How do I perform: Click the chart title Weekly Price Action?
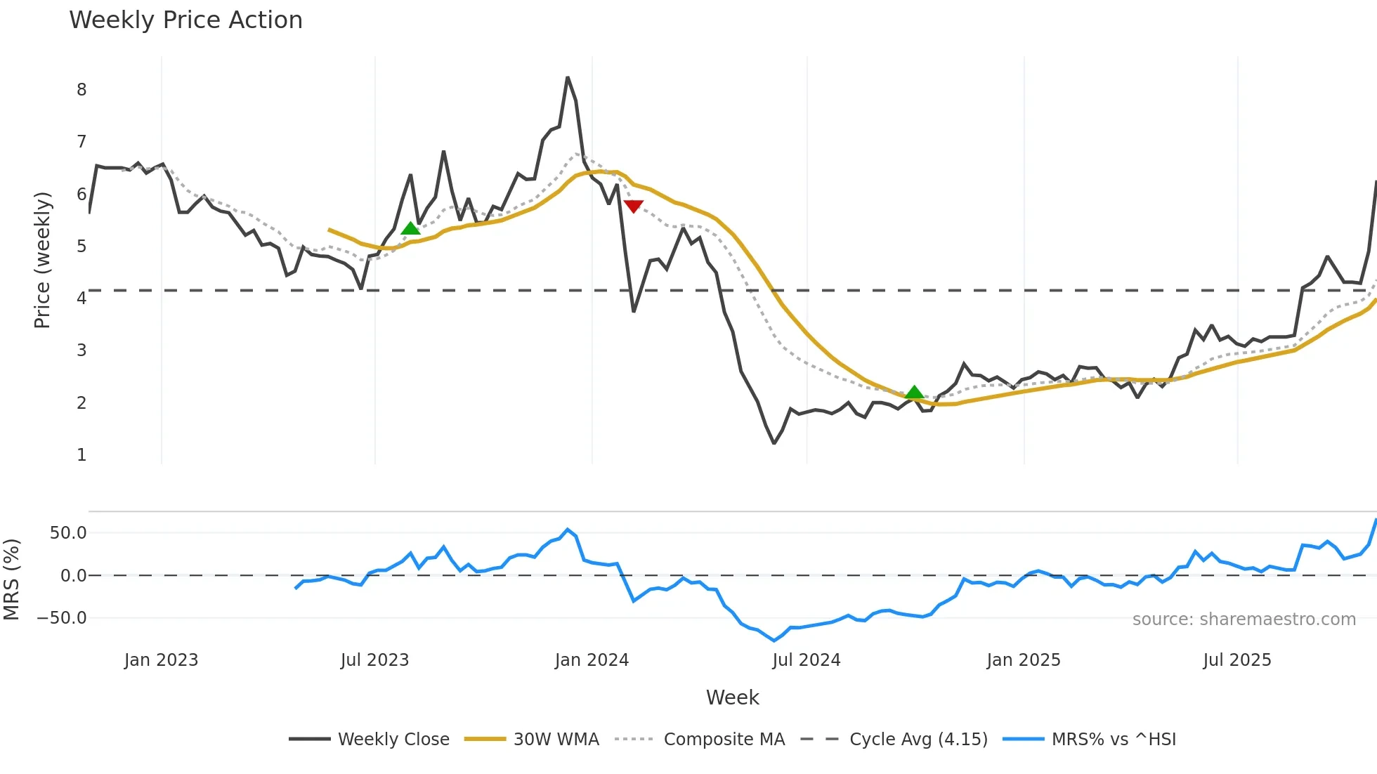pyautogui.click(x=185, y=20)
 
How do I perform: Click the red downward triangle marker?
pyautogui.click(x=633, y=206)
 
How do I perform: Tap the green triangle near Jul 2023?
pyautogui.click(x=410, y=228)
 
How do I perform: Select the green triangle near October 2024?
pyautogui.click(x=914, y=392)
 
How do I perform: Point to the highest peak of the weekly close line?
pyautogui.click(x=568, y=77)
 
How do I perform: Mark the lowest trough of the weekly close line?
pyautogui.click(x=774, y=443)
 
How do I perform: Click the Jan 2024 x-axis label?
pyautogui.click(x=592, y=660)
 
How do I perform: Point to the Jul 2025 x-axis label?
pyautogui.click(x=1237, y=660)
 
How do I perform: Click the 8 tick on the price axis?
pyautogui.click(x=81, y=90)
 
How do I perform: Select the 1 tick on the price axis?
pyautogui.click(x=81, y=455)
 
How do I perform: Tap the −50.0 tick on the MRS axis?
pyautogui.click(x=62, y=618)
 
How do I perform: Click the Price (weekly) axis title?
pyautogui.click(x=43, y=260)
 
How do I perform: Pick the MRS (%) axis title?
pyautogui.click(x=11, y=579)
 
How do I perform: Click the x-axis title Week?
pyautogui.click(x=732, y=697)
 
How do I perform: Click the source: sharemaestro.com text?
pyautogui.click(x=1244, y=619)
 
